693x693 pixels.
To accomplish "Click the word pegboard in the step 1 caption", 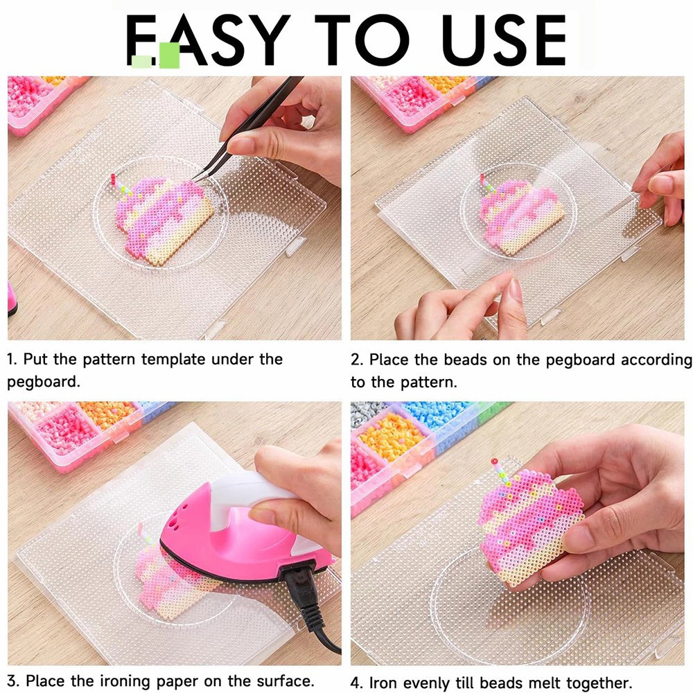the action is pyautogui.click(x=44, y=381).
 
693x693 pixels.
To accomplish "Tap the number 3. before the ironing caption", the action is pyautogui.click(x=12, y=681).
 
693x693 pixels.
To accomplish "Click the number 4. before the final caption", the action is pyautogui.click(x=357, y=683).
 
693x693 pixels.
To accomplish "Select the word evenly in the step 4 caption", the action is pyautogui.click(x=426, y=683).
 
